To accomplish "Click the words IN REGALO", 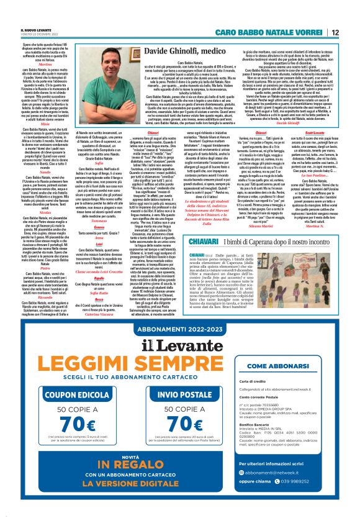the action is pyautogui.click(x=137, y=478).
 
